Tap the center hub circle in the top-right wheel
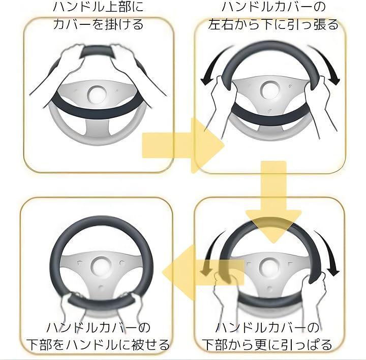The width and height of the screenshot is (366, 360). click(x=270, y=90)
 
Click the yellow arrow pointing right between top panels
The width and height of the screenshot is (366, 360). click(x=183, y=145)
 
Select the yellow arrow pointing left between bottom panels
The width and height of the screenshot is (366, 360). click(x=203, y=272)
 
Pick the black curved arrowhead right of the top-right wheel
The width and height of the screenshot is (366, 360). click(x=334, y=81)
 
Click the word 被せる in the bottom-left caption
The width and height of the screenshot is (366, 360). click(x=150, y=345)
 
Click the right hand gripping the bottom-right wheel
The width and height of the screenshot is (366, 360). click(x=316, y=288)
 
